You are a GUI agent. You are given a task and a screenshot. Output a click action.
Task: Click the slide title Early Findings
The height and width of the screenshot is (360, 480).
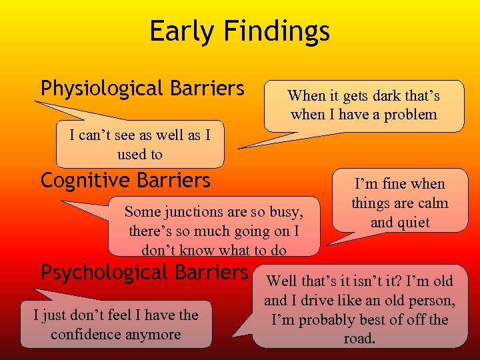tap(239, 31)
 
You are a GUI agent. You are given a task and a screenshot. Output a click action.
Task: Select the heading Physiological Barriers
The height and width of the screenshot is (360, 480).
tap(143, 89)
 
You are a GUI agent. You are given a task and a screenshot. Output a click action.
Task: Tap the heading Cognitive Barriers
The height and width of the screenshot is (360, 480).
tap(125, 181)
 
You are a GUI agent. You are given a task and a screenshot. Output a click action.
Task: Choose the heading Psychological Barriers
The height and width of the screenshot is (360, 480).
tap(144, 273)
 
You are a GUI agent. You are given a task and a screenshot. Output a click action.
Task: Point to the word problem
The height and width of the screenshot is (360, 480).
tap(411, 114)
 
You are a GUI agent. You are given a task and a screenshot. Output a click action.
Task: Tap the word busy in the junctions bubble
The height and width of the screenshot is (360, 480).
tap(287, 212)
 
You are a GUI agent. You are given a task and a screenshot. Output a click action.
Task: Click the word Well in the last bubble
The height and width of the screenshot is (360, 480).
tap(282, 281)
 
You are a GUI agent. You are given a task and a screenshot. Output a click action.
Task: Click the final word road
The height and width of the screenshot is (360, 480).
tap(359, 339)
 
